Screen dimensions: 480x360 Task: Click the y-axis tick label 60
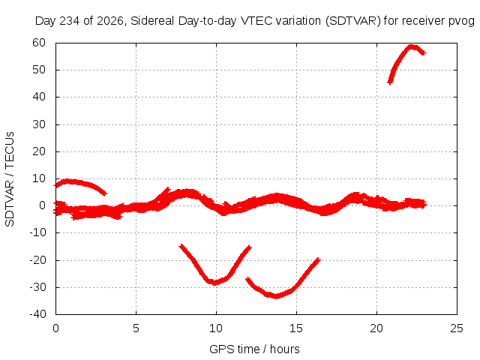coord(39,43)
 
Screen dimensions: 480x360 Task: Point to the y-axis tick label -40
coord(37,314)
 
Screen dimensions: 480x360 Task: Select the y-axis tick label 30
coord(39,124)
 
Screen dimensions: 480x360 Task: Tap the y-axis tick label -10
coord(37,232)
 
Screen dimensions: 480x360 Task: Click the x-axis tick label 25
coord(457,328)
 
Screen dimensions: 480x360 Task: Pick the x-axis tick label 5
coord(136,328)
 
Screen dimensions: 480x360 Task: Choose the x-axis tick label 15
coord(296,328)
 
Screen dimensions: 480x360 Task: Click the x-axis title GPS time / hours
coord(254,349)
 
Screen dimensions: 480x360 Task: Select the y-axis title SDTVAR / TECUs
coord(10,179)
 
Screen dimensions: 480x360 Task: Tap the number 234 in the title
coord(70,21)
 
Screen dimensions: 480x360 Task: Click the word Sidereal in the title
coord(152,21)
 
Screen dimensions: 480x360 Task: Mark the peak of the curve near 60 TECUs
coord(411,46)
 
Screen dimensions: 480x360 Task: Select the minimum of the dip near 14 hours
coord(276,296)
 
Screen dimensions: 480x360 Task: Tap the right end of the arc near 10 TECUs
coord(106,193)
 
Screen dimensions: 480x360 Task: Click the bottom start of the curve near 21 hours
coord(389,82)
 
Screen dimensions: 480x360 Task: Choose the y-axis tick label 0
coord(42,205)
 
